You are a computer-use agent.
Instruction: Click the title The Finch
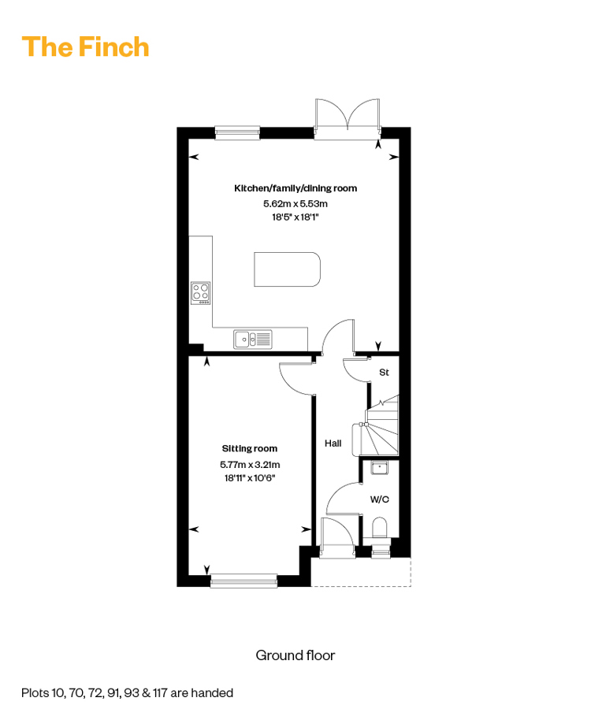click(x=85, y=46)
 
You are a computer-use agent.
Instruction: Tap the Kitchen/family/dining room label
click(x=295, y=188)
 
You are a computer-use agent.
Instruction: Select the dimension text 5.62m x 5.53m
click(x=295, y=203)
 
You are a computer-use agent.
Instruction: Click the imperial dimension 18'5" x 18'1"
click(x=295, y=217)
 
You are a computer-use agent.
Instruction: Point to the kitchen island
click(x=287, y=269)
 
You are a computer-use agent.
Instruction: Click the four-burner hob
click(x=201, y=293)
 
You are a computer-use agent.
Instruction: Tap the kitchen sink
click(x=253, y=340)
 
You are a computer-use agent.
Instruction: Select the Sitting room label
click(x=250, y=449)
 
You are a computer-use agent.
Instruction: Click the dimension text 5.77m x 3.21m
click(x=250, y=465)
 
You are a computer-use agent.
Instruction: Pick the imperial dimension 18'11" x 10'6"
click(x=250, y=478)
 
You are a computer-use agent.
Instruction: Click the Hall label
click(x=333, y=444)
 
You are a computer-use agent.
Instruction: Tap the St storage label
click(x=384, y=373)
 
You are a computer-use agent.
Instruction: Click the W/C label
click(x=380, y=499)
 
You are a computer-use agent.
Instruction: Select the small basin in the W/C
click(x=379, y=467)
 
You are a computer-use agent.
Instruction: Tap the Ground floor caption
click(x=295, y=655)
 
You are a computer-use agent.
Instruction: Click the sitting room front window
click(x=243, y=581)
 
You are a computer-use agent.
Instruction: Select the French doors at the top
click(x=348, y=117)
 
